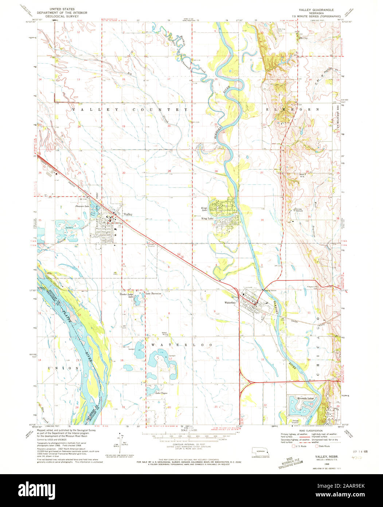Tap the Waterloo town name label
231,302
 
